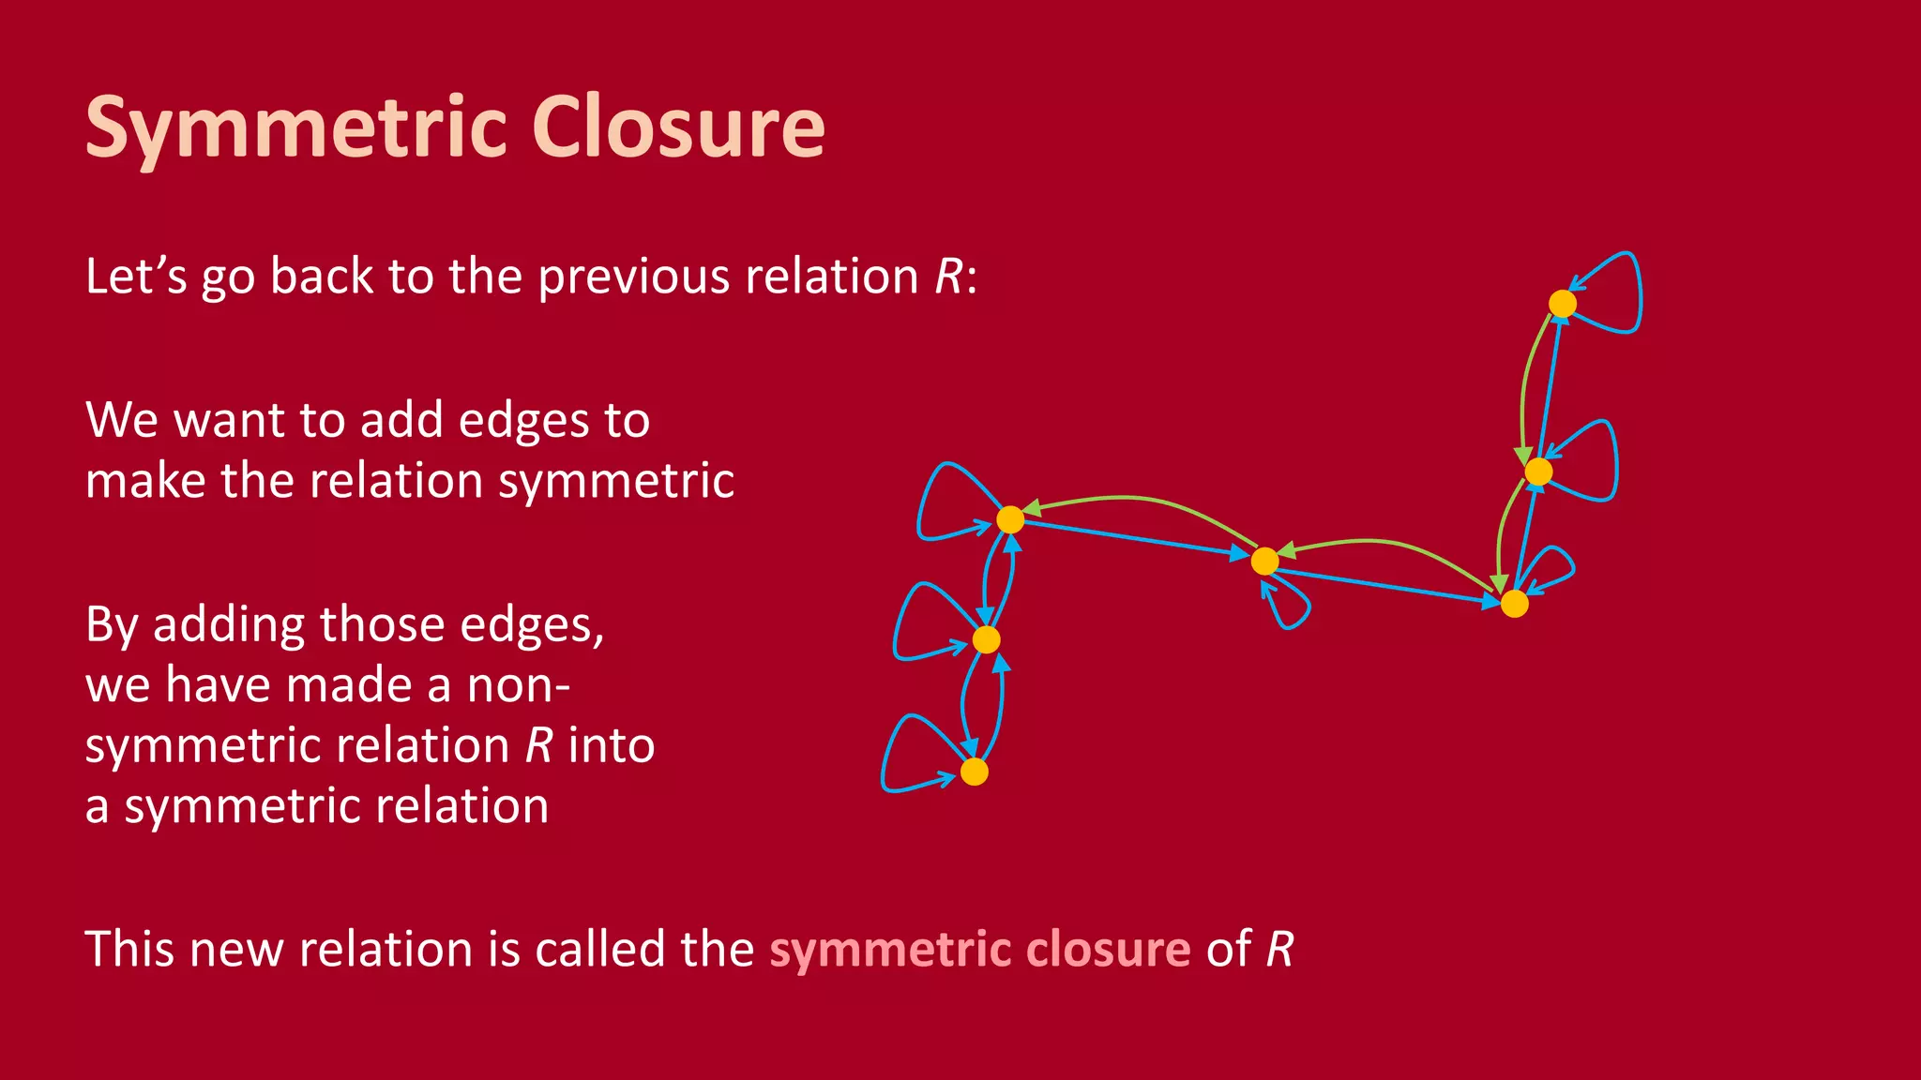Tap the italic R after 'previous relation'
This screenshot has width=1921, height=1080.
coord(949,277)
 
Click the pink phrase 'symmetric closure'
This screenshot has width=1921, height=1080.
coord(979,949)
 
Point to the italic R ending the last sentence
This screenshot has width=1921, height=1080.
coord(1279,949)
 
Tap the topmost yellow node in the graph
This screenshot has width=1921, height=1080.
coord(1562,304)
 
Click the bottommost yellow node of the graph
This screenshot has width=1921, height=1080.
coord(975,772)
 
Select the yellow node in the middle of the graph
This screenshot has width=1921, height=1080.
coord(1264,561)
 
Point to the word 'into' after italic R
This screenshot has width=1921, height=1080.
coord(611,746)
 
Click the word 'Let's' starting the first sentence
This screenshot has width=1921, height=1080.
coord(136,277)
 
